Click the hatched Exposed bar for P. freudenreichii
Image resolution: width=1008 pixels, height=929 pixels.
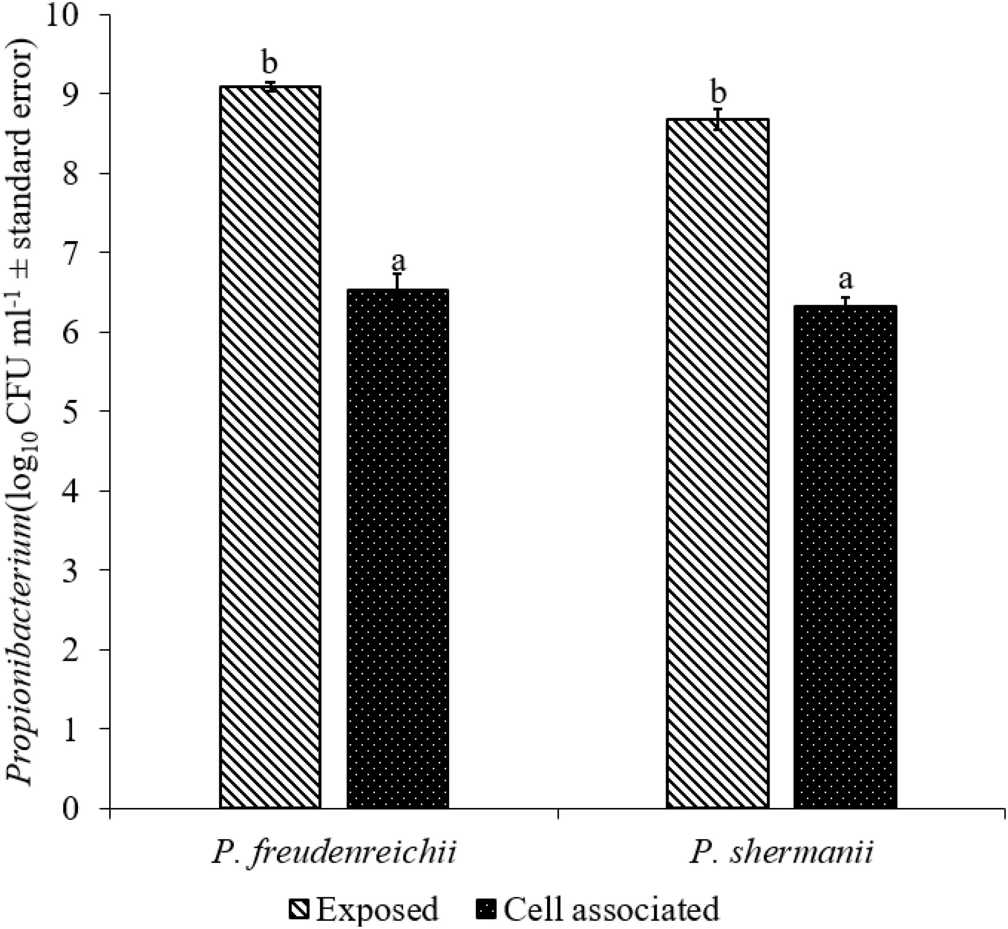click(270, 448)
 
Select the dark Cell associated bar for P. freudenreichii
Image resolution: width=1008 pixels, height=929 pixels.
click(397, 548)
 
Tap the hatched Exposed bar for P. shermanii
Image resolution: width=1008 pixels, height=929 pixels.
click(717, 462)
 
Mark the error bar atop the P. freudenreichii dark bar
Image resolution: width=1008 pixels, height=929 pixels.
click(397, 281)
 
